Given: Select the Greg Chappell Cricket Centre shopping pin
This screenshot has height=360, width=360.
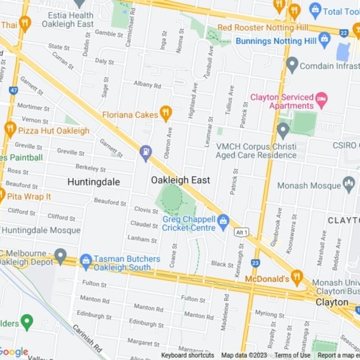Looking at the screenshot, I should click(x=223, y=220).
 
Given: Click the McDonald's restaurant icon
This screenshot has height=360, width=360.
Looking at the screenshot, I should click(x=297, y=277).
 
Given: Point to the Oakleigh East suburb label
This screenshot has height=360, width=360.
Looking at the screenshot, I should click(x=181, y=180).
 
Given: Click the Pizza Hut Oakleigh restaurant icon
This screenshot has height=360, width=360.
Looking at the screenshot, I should click(x=10, y=129).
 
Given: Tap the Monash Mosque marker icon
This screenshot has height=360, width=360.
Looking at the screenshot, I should click(x=349, y=184).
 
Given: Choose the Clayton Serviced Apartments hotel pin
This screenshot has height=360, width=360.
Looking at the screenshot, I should click(x=321, y=101).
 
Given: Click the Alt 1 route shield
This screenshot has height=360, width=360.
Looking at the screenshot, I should click(x=242, y=232).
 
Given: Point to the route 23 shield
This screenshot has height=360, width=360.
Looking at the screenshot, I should click(x=256, y=263).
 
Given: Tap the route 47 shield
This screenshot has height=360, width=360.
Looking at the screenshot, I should click(x=13, y=89).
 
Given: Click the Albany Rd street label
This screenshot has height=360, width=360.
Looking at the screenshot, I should click(x=147, y=85).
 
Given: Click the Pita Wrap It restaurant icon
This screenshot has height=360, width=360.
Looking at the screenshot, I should click(x=2, y=196).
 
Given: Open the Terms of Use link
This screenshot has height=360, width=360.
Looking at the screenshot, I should click(x=292, y=355).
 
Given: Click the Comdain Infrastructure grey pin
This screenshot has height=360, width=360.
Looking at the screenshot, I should click(x=291, y=65).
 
